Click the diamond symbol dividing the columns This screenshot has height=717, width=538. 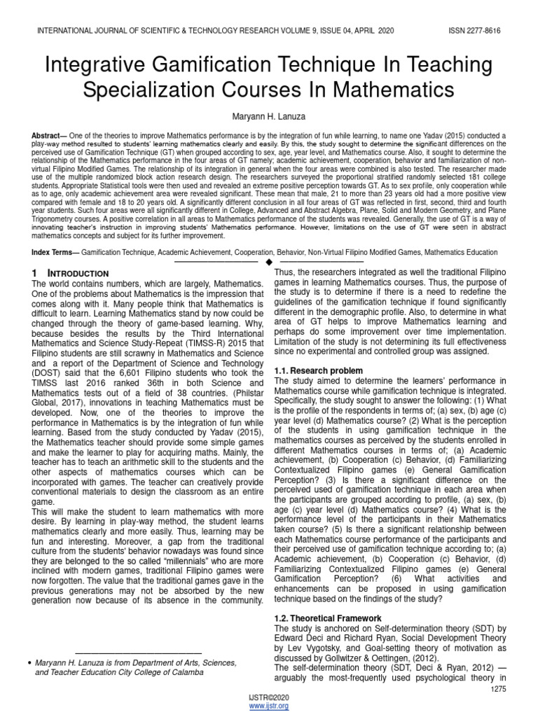269,262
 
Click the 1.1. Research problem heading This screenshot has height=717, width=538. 318,370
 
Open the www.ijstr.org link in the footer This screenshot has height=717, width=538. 269,706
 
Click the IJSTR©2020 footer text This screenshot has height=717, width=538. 269,698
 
